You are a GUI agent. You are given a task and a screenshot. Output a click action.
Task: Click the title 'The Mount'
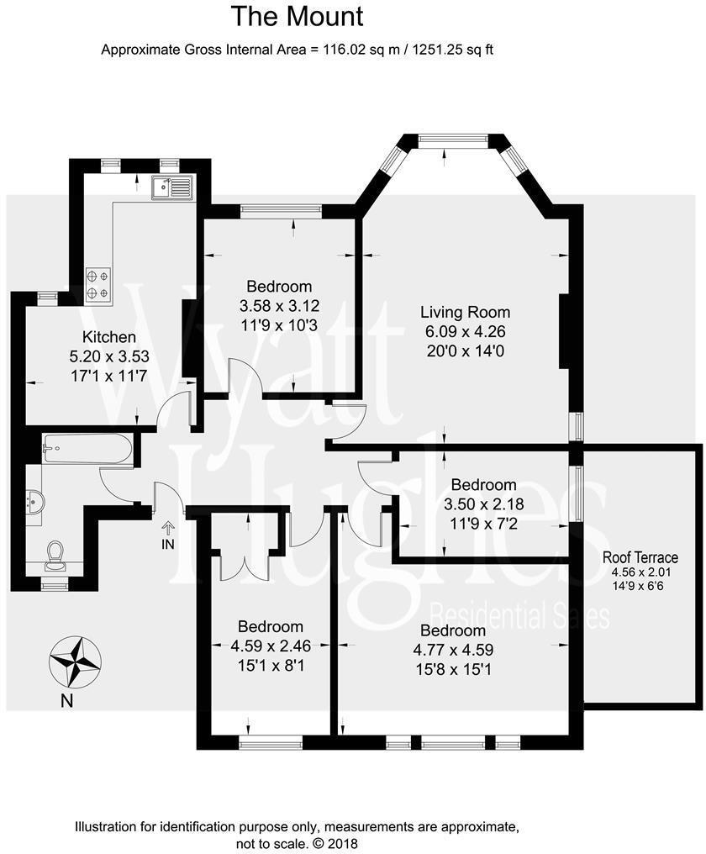click(x=297, y=16)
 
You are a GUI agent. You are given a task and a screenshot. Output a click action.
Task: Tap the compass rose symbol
click(x=76, y=660)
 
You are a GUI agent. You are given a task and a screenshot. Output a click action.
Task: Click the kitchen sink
click(x=171, y=187)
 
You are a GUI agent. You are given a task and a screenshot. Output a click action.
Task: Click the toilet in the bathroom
click(x=55, y=553)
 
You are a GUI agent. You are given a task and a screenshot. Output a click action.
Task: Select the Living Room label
click(x=465, y=313)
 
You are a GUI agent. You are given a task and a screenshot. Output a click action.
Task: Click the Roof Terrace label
click(x=640, y=557)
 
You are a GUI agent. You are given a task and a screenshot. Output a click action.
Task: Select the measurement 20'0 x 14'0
click(x=465, y=350)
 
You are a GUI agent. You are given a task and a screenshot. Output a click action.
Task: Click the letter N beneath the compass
click(x=66, y=700)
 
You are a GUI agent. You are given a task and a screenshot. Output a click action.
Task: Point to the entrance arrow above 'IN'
click(x=168, y=528)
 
